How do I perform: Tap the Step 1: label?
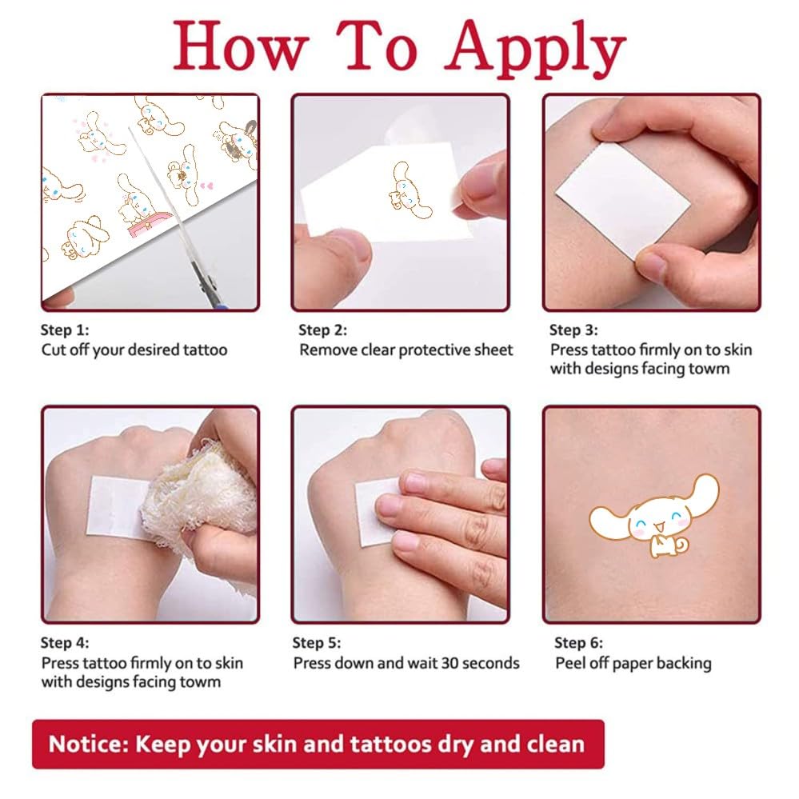(66, 329)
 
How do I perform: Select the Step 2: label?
(323, 330)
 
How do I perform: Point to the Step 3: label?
(573, 330)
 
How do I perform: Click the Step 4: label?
(66, 642)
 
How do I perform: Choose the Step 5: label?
(318, 642)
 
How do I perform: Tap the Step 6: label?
(580, 642)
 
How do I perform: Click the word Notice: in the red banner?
(88, 744)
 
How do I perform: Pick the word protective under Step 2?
(436, 350)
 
